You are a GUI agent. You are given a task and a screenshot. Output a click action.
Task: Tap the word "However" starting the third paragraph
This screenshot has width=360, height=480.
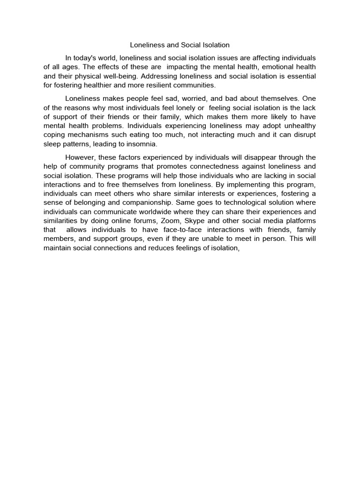(x=81, y=157)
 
